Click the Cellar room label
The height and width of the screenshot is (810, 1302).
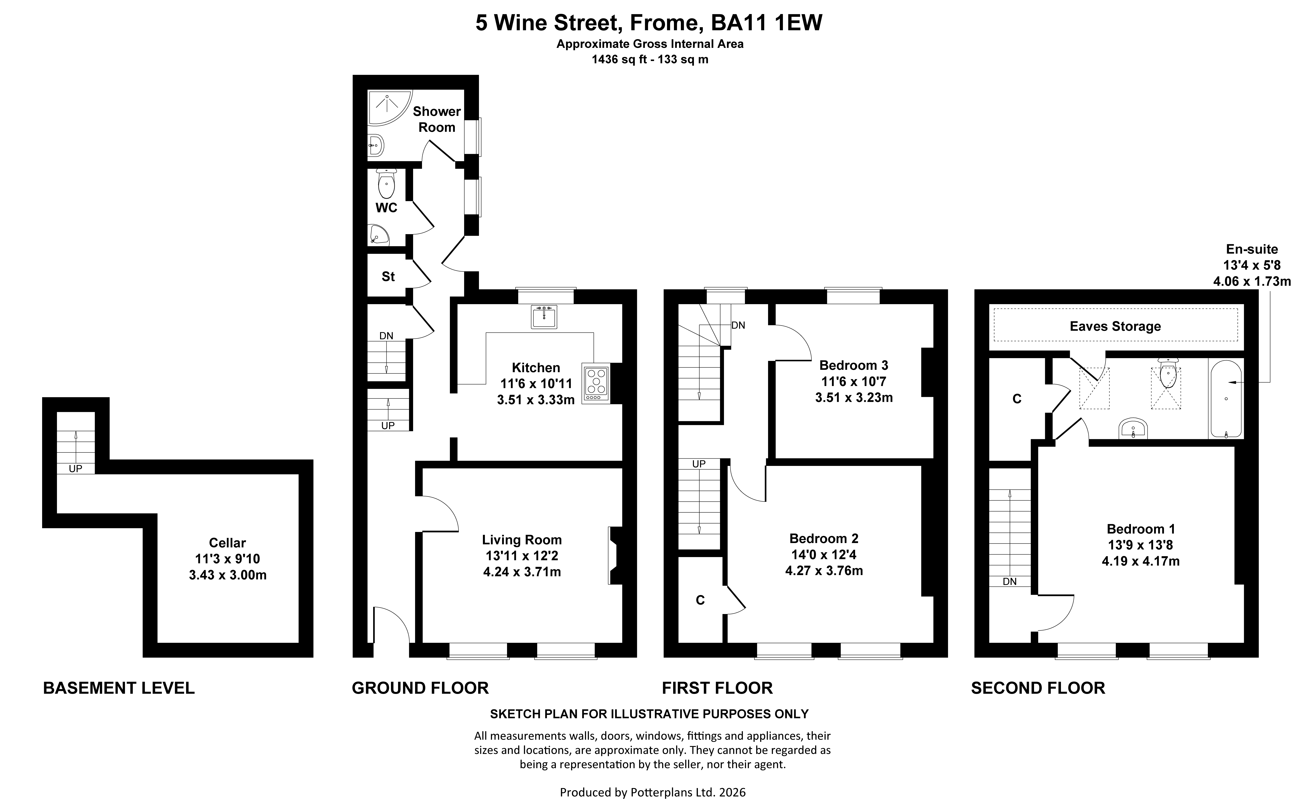tap(228, 543)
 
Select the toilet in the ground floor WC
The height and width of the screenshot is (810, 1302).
tap(386, 183)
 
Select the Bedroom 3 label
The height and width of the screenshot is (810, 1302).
tap(854, 365)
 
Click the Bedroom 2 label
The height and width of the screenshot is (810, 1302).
tap(824, 538)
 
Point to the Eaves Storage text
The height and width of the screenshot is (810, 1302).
tap(1115, 326)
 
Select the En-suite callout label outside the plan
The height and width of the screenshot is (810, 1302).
tap(1252, 249)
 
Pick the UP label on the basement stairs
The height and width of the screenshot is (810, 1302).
tap(76, 469)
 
